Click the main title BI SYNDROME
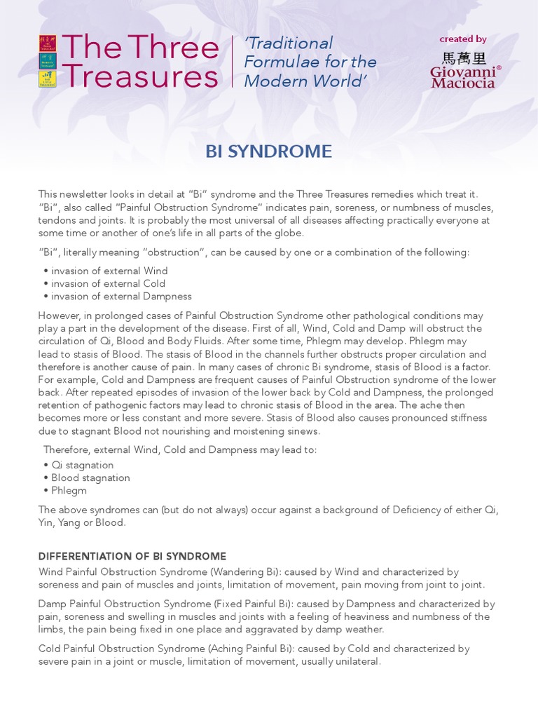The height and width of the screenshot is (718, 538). (x=269, y=151)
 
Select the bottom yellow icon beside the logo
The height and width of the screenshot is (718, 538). (x=47, y=79)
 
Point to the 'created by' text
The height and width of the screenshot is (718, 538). (x=463, y=39)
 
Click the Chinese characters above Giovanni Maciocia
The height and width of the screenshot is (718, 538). (x=463, y=58)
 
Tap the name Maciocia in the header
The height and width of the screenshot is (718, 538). (x=463, y=83)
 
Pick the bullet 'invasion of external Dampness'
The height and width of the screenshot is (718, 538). (x=121, y=296)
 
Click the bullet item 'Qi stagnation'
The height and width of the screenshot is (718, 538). (x=82, y=465)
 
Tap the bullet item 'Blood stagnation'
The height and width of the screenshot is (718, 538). (x=90, y=477)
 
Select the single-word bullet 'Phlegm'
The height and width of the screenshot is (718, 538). (x=69, y=490)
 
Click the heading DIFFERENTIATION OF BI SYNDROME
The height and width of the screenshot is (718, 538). (x=132, y=556)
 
